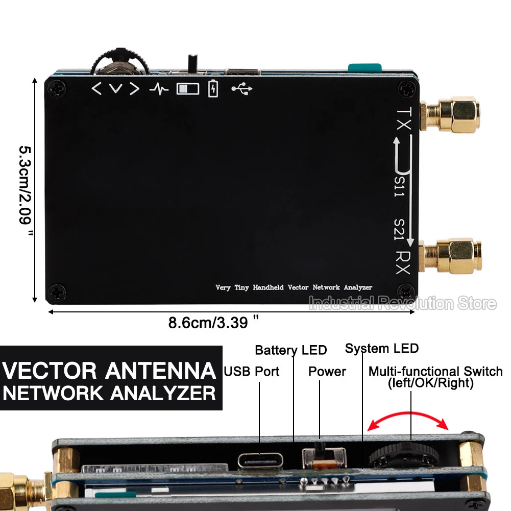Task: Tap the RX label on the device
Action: tap(403, 262)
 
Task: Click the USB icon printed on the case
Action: tap(241, 89)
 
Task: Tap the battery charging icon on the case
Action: tap(213, 88)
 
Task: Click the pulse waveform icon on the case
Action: tap(159, 89)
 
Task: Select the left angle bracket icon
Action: tap(96, 89)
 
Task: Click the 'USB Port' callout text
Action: tap(252, 371)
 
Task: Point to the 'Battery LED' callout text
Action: tap(290, 350)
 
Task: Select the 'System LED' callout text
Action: tap(381, 349)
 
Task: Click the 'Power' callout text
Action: tap(327, 371)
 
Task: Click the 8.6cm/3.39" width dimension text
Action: tap(213, 323)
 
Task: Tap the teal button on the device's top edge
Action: tap(364, 67)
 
